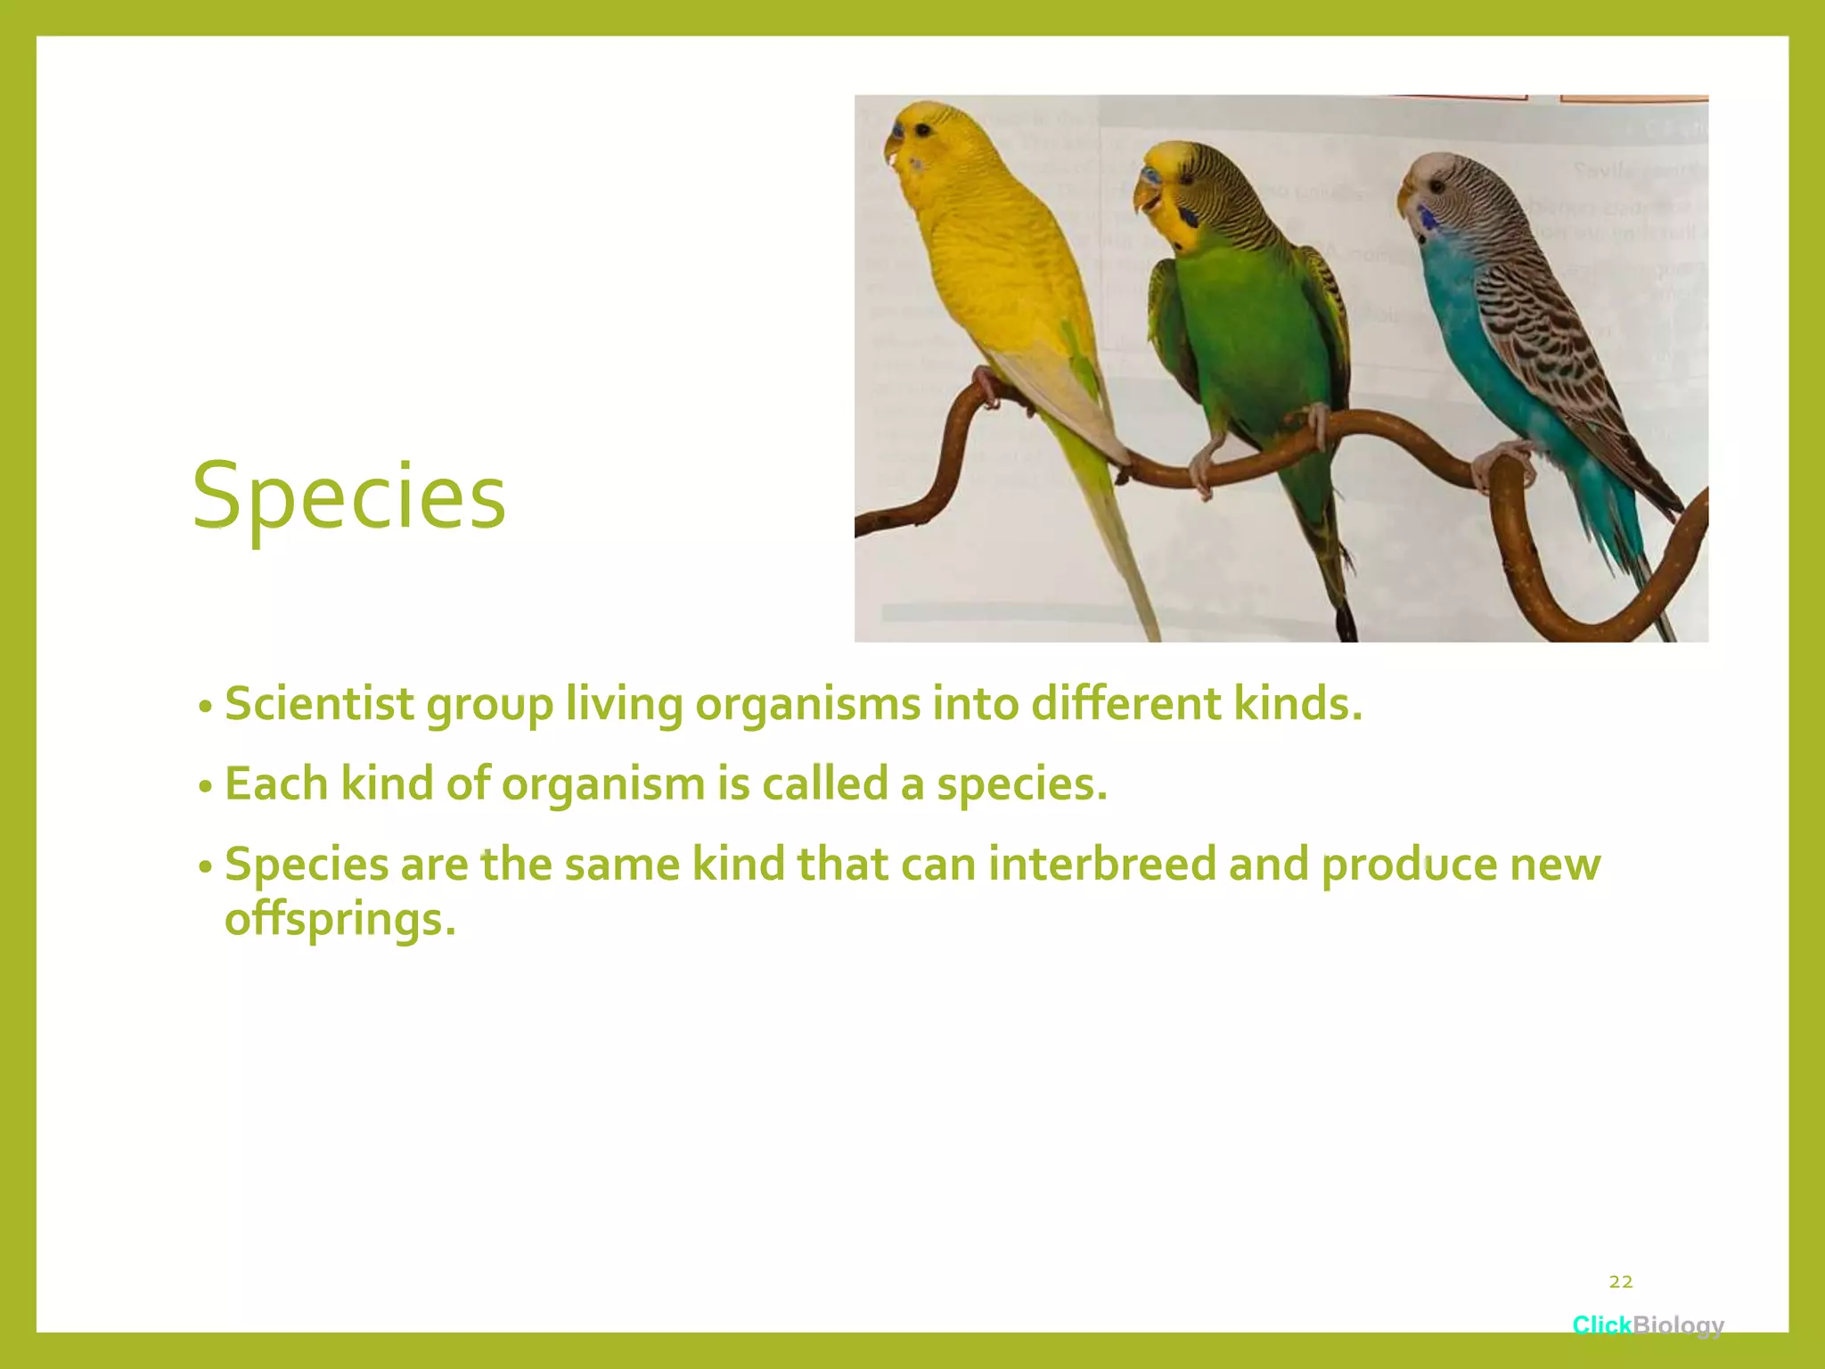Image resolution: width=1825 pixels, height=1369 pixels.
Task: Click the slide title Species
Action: coord(348,496)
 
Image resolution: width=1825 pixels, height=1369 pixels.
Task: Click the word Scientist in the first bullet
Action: coord(319,704)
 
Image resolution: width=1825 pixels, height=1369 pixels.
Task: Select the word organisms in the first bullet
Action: coord(807,704)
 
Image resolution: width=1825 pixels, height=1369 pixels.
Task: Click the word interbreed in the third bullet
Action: coord(1101,865)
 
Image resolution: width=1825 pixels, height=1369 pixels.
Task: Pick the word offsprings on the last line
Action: coord(340,920)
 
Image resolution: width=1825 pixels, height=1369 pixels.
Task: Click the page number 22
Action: coord(1621,1282)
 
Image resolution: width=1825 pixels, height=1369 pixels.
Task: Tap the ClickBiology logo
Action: coord(1648,1324)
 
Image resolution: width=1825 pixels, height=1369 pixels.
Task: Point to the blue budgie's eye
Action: coord(1436,186)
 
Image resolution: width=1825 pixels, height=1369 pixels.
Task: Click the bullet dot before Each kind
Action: coord(205,787)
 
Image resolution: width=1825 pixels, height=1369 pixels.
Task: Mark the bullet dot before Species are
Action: coord(205,867)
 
